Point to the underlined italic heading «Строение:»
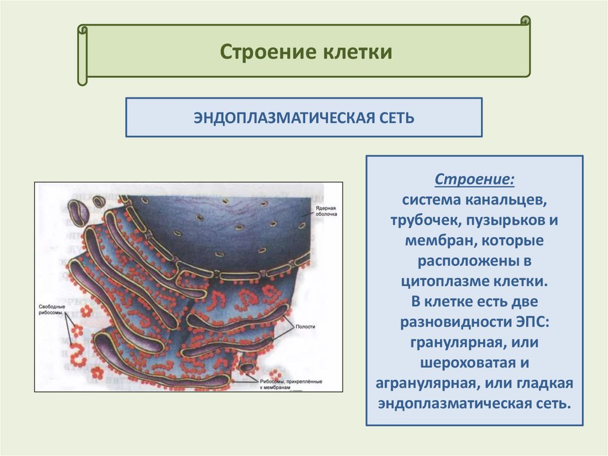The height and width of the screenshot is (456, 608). (x=474, y=179)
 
